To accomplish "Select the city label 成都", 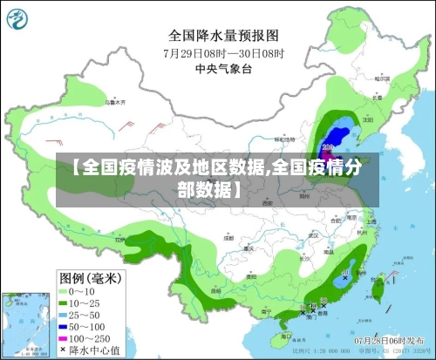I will tap(228, 236).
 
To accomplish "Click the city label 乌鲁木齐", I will tap(112, 103).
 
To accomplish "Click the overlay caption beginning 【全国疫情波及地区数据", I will tap(218, 178).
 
